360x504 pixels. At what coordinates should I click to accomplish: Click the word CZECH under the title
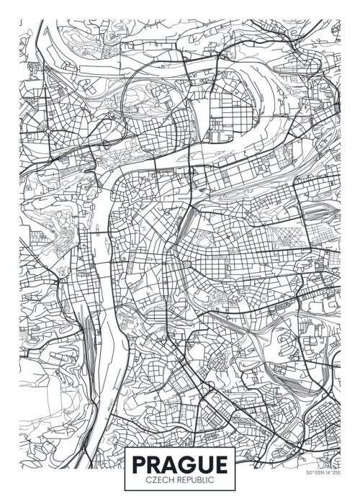158,478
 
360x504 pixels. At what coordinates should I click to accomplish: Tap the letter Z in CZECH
152,478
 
